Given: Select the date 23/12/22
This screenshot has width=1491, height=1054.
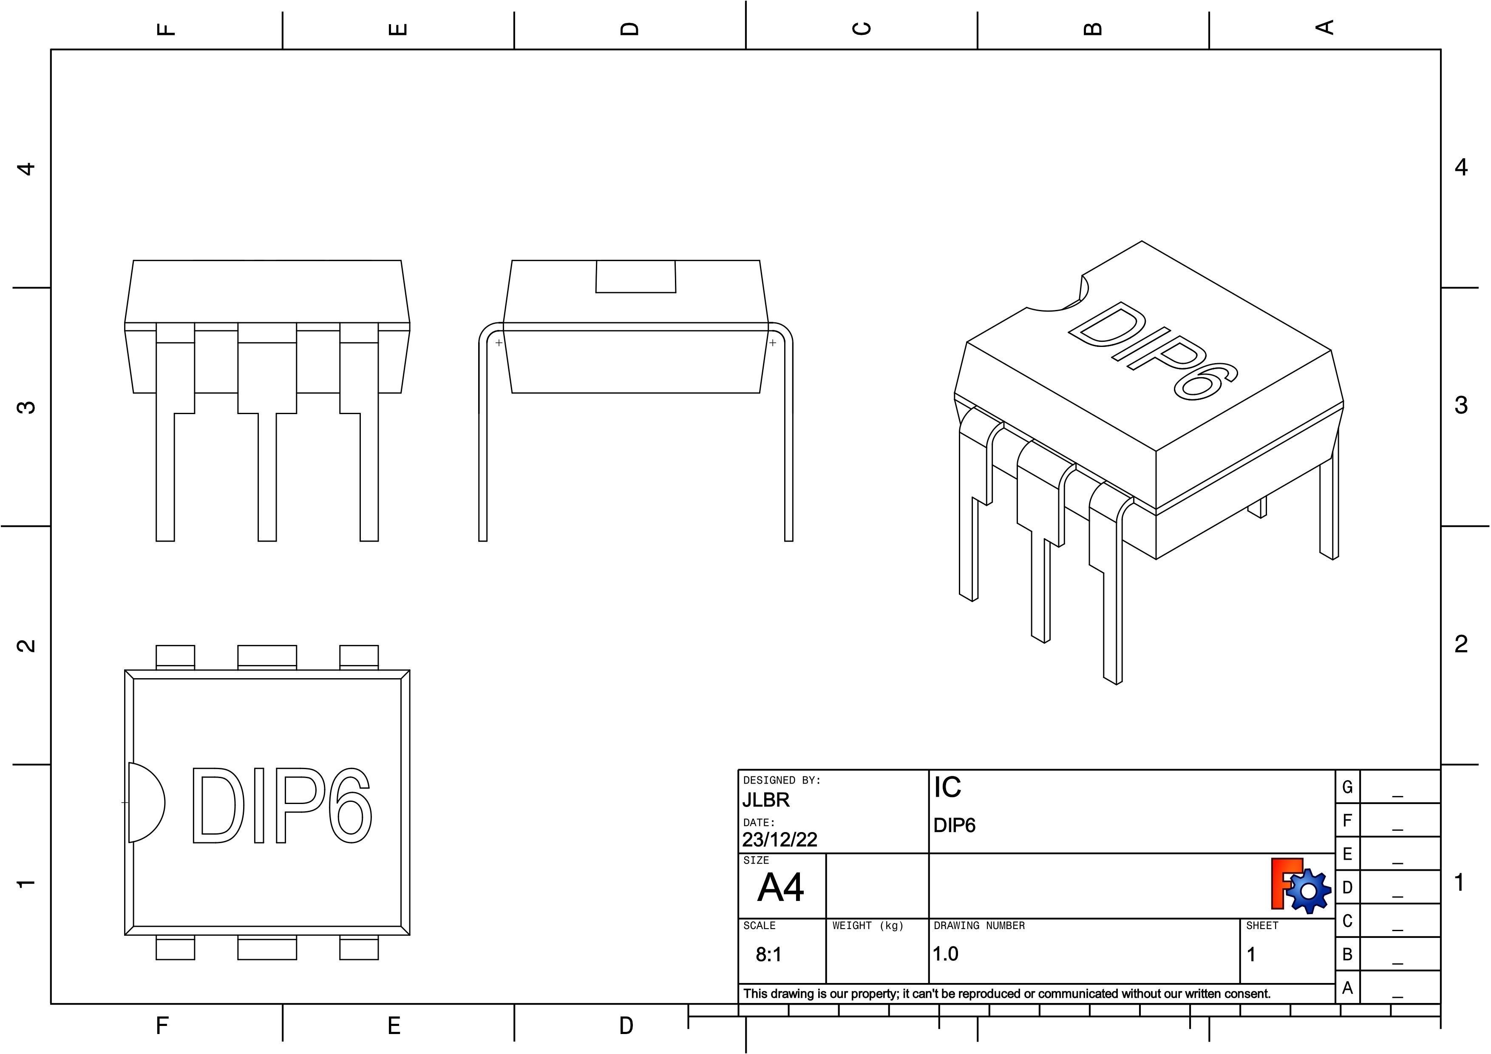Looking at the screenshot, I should (779, 840).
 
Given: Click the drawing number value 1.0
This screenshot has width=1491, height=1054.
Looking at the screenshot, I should (946, 954).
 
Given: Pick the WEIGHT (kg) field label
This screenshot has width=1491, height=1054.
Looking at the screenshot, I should (867, 926).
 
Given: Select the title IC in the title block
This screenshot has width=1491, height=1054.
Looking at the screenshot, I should (947, 788).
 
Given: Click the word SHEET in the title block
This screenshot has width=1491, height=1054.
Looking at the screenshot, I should (1262, 926).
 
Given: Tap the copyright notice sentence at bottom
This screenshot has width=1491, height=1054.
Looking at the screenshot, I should (1006, 994).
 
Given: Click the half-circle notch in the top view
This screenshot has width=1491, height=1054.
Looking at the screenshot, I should (145, 803).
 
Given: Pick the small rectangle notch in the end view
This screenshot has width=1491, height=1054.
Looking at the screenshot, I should (636, 277).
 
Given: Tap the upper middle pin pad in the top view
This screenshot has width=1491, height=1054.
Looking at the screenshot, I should (267, 656).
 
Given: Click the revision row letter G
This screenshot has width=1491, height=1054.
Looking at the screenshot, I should (1347, 787).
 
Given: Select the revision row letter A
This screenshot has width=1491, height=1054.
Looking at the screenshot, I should (1347, 988).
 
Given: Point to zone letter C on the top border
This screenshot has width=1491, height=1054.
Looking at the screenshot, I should (861, 28).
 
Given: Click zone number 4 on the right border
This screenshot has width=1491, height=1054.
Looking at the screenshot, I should (1460, 168).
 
